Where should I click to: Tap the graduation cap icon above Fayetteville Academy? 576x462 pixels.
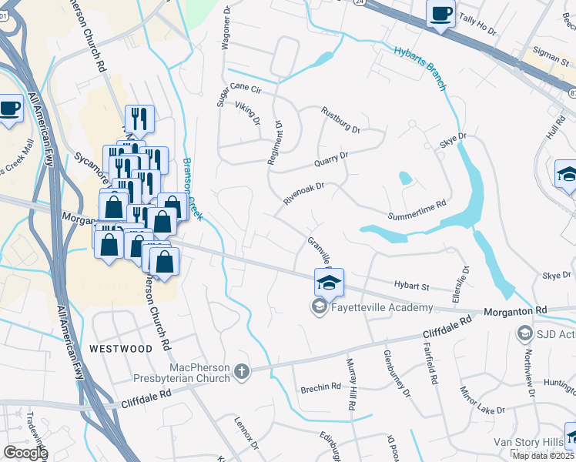329,283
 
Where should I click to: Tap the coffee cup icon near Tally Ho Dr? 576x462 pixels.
441,14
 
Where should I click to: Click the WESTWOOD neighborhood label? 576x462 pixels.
121,349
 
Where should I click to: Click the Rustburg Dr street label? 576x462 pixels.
341,119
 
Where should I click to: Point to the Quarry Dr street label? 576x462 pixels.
331,159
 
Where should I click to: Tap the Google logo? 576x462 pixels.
25,453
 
